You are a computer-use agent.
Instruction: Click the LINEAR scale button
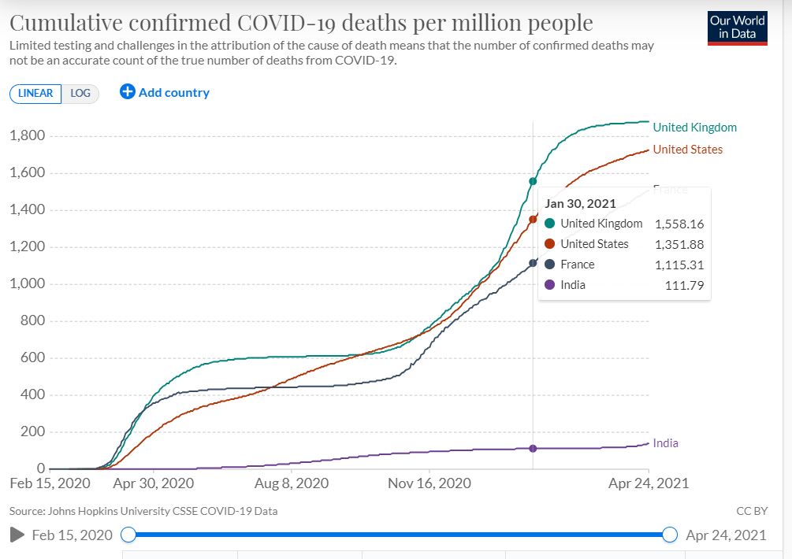pyautogui.click(x=35, y=93)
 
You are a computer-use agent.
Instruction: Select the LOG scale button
pyautogui.click(x=80, y=93)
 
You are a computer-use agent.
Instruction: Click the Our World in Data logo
pyautogui.click(x=737, y=27)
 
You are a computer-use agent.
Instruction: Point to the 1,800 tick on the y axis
pyautogui.click(x=27, y=136)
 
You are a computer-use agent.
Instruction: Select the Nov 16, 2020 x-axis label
pyautogui.click(x=429, y=483)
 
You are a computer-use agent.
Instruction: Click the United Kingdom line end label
pyautogui.click(x=694, y=128)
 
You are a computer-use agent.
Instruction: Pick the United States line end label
pyautogui.click(x=687, y=150)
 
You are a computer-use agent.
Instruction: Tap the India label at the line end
pyautogui.click(x=665, y=443)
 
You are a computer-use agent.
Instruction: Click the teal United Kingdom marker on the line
pyautogui.click(x=533, y=182)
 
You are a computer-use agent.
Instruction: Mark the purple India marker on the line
pyautogui.click(x=533, y=449)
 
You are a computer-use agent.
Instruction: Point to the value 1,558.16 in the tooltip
pyautogui.click(x=679, y=224)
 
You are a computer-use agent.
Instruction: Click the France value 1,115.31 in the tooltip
pyautogui.click(x=679, y=265)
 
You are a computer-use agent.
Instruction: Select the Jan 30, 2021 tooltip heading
pyautogui.click(x=580, y=203)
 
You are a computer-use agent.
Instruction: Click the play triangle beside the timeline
pyautogui.click(x=17, y=535)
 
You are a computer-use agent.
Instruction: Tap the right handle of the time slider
pyautogui.click(x=670, y=535)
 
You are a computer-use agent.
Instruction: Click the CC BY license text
pyautogui.click(x=752, y=511)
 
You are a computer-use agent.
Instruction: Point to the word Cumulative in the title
pyautogui.click(x=72, y=23)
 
